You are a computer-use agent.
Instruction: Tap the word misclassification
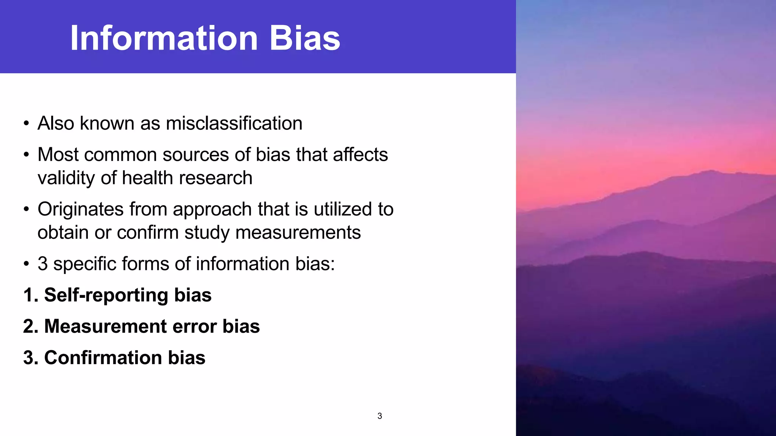click(234, 123)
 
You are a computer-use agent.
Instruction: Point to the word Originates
click(80, 209)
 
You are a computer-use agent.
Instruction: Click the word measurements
click(298, 232)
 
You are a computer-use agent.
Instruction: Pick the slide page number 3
click(380, 416)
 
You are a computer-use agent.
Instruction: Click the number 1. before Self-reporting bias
click(30, 295)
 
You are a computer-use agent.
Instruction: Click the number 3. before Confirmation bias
click(30, 358)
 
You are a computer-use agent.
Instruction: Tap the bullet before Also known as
click(26, 124)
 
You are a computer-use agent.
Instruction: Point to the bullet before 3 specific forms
click(26, 264)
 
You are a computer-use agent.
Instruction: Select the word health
click(148, 178)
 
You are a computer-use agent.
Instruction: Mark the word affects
click(360, 154)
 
